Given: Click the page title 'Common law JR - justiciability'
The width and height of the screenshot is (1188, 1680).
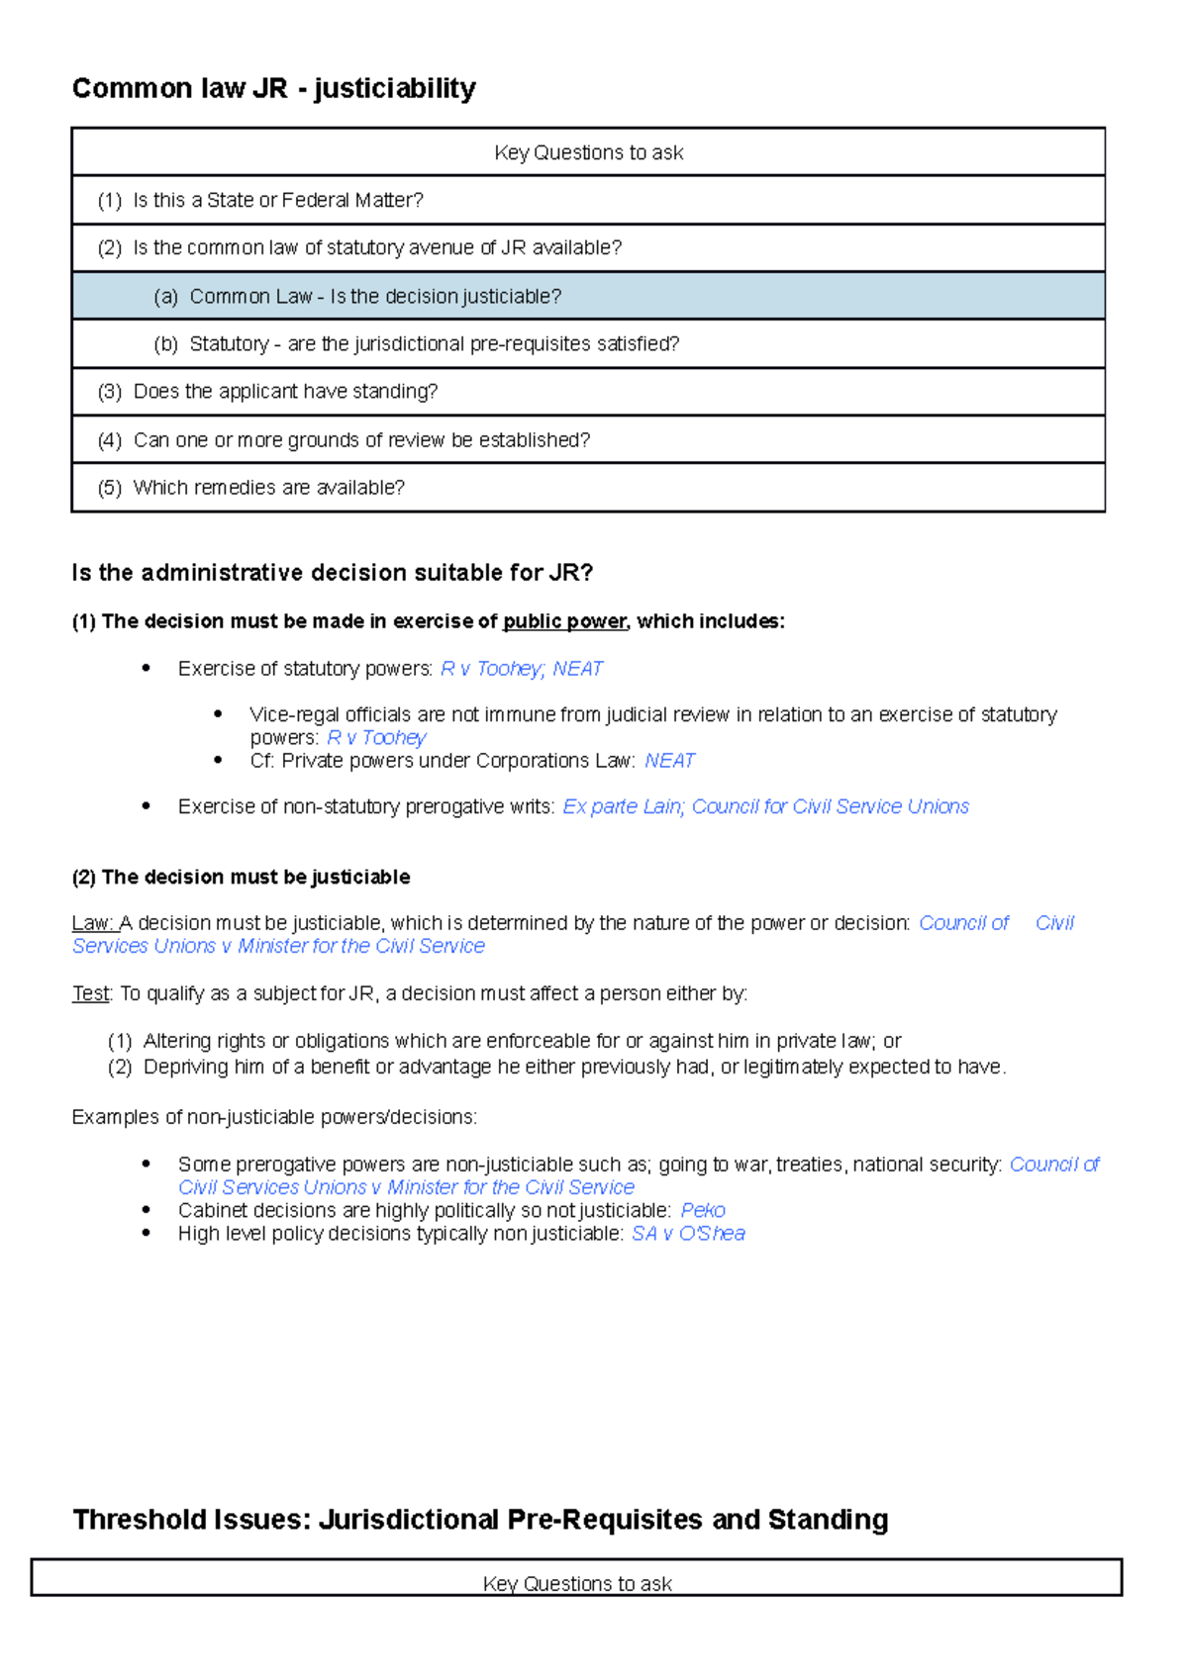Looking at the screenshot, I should tap(273, 88).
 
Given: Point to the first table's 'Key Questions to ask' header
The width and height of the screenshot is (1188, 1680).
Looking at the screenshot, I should tap(588, 152).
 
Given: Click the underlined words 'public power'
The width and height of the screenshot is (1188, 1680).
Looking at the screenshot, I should tap(564, 621).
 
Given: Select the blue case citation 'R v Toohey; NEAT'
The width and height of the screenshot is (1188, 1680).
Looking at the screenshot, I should tap(521, 669).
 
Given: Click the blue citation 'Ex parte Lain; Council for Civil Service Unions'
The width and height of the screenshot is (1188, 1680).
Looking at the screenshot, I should tap(765, 806).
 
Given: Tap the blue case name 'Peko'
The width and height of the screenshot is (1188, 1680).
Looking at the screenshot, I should tap(702, 1210).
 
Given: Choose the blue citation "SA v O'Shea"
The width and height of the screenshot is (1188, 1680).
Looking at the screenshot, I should tap(688, 1234).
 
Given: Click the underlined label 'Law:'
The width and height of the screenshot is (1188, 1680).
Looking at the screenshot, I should tap(94, 923).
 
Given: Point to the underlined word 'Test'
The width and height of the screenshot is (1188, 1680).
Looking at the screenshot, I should tap(91, 993).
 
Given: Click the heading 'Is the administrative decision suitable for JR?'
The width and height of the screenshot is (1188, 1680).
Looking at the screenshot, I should tap(332, 573).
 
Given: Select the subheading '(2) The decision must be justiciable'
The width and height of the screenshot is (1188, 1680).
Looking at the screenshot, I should tap(241, 877).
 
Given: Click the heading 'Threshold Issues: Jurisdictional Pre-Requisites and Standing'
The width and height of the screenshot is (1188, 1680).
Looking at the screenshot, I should tap(480, 1519).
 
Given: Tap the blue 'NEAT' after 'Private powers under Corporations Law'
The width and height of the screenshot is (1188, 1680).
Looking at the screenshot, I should tap(669, 761).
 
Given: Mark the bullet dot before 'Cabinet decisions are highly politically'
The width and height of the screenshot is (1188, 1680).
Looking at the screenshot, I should tap(147, 1210).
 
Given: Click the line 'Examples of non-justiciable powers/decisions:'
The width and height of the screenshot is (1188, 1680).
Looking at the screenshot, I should tap(274, 1117).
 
